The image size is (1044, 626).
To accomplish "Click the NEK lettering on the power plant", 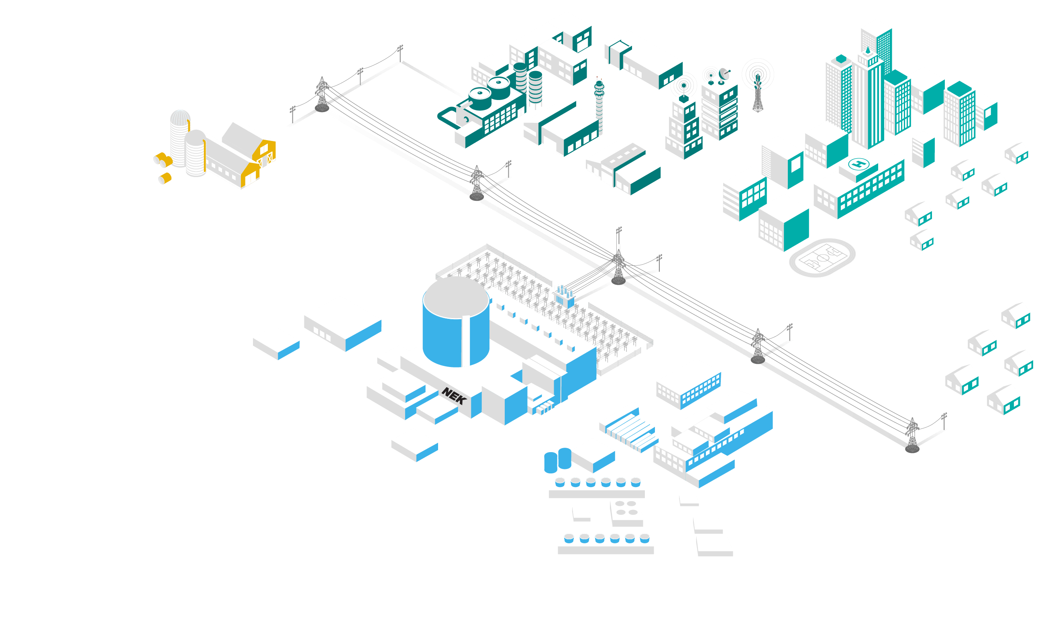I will (x=454, y=396).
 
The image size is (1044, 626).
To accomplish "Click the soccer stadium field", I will (x=822, y=258).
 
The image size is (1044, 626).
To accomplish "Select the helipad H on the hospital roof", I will (x=858, y=163).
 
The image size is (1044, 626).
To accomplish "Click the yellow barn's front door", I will (x=251, y=179).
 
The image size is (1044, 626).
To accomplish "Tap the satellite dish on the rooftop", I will (x=724, y=73).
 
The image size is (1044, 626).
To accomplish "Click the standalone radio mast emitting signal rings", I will (x=758, y=91).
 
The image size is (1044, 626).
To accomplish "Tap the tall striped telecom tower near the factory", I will (x=599, y=106).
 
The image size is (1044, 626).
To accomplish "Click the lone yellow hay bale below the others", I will (x=165, y=178).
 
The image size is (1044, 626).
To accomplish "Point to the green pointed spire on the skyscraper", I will (x=867, y=51).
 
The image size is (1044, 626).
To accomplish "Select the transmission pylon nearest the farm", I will (x=322, y=94).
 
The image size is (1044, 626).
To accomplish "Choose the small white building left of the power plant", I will (x=276, y=343).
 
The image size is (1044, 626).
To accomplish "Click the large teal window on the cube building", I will (x=795, y=165).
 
